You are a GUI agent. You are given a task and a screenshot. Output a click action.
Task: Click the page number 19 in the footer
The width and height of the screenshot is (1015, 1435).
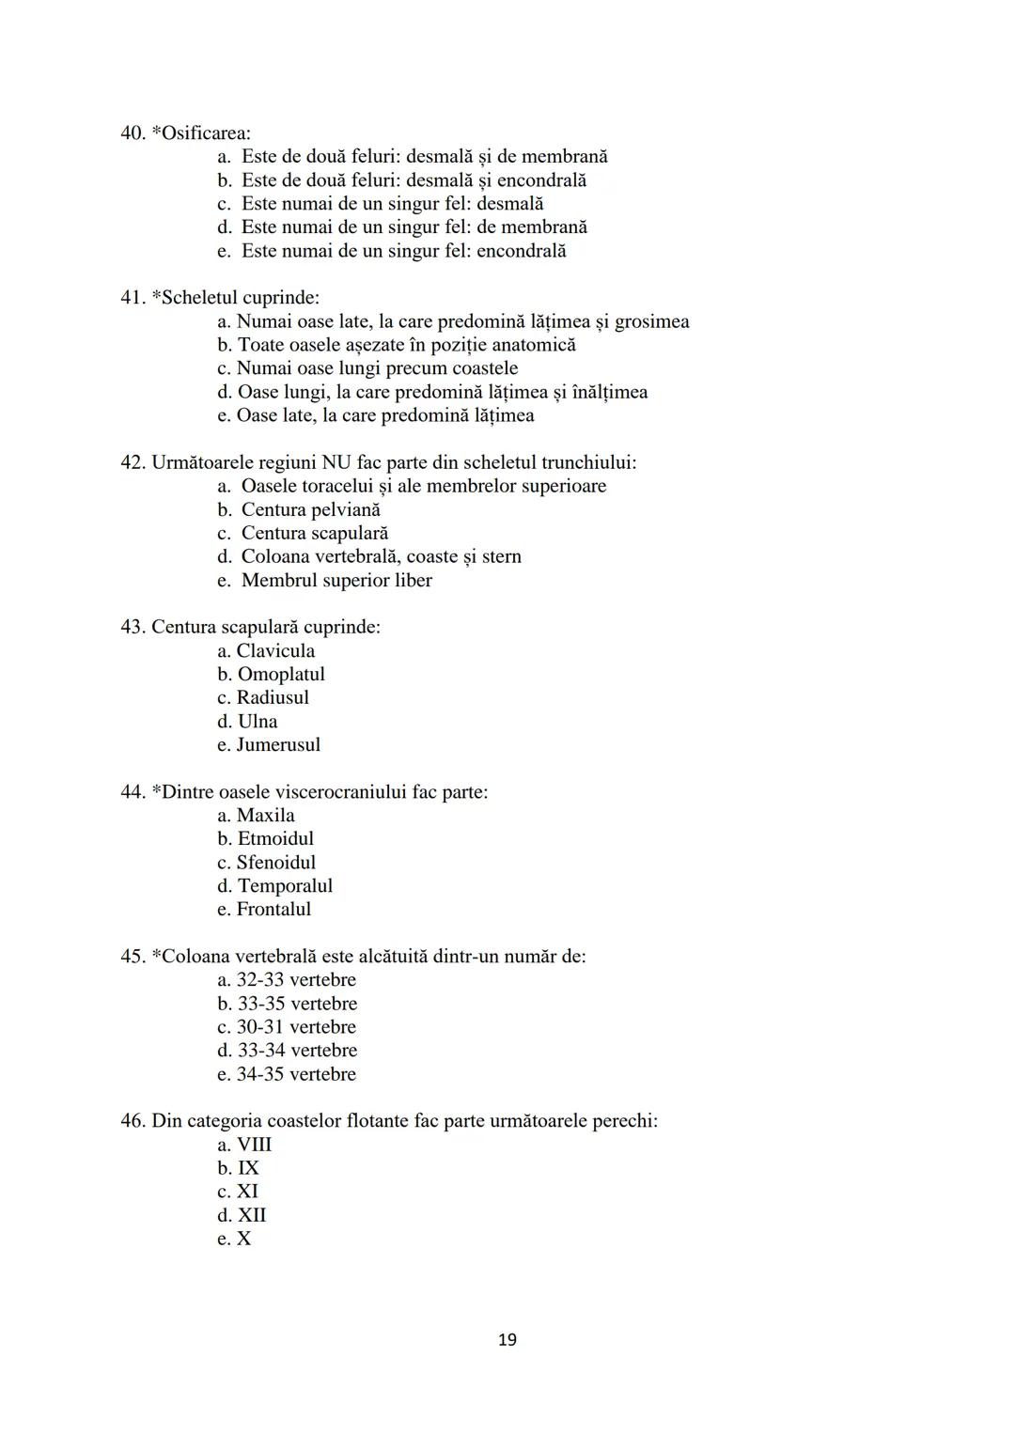click(507, 1339)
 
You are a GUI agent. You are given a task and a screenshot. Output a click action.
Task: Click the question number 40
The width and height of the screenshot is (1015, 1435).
click(133, 133)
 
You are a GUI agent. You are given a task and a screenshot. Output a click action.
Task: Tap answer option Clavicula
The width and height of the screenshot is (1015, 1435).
click(275, 650)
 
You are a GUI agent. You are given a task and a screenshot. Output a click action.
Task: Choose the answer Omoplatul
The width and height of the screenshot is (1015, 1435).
click(281, 674)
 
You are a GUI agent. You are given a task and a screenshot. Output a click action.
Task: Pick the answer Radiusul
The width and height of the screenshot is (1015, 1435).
click(273, 697)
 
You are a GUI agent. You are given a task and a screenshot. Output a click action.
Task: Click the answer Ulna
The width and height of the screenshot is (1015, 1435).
click(258, 721)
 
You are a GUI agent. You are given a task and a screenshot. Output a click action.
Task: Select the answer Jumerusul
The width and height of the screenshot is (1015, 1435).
click(278, 744)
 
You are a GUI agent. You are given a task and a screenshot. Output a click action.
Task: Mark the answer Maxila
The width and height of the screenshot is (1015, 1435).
click(265, 815)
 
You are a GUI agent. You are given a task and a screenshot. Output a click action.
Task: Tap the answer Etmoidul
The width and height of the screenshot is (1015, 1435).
click(275, 838)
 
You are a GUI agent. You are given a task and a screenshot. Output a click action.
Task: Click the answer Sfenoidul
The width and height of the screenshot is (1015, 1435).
click(275, 862)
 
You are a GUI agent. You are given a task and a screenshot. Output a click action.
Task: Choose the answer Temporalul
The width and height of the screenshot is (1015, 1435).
click(285, 885)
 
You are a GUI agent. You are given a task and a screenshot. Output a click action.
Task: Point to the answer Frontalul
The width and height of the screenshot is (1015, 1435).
click(273, 909)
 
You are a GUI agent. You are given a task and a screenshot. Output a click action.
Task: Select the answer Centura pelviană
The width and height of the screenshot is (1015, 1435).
click(310, 509)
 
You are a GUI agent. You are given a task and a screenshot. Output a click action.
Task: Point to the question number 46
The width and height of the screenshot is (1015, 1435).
click(133, 1120)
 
